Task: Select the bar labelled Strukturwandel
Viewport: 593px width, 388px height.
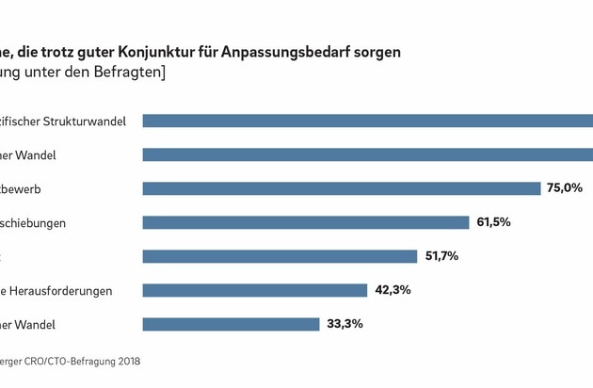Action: (x=367, y=121)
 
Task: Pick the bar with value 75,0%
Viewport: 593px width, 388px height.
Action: (x=342, y=188)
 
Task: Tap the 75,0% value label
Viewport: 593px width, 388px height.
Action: (x=565, y=188)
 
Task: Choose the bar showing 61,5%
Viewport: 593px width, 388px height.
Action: (x=306, y=222)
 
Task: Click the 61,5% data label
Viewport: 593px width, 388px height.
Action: (x=492, y=222)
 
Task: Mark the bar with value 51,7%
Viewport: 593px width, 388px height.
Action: (x=280, y=256)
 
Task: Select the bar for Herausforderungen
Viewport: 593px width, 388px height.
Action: (x=254, y=290)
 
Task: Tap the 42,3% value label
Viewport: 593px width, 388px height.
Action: (x=393, y=290)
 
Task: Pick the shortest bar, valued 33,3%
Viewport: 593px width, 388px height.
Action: (x=231, y=324)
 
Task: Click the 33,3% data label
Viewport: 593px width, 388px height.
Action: (x=345, y=324)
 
